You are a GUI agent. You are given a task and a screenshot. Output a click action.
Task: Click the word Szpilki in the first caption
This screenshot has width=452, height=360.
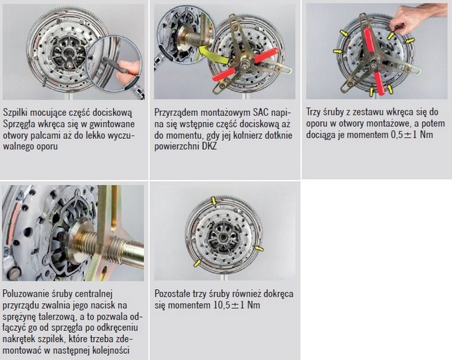point(15,113)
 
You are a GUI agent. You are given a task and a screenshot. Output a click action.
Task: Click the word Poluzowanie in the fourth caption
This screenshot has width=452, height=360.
point(22,294)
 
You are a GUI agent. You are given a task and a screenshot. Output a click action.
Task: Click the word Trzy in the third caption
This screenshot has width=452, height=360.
point(313,112)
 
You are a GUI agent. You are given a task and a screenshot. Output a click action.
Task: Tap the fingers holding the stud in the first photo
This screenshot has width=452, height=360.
point(129,71)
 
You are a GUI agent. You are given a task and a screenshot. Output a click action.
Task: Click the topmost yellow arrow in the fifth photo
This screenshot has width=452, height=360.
point(213,200)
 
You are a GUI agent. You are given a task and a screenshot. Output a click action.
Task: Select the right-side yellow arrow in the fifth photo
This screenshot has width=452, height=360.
point(259,248)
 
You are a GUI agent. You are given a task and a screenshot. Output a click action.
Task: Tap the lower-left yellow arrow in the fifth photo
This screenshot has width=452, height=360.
point(197,263)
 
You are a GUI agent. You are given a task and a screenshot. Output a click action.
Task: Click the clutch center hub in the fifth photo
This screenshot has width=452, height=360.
point(223,238)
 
